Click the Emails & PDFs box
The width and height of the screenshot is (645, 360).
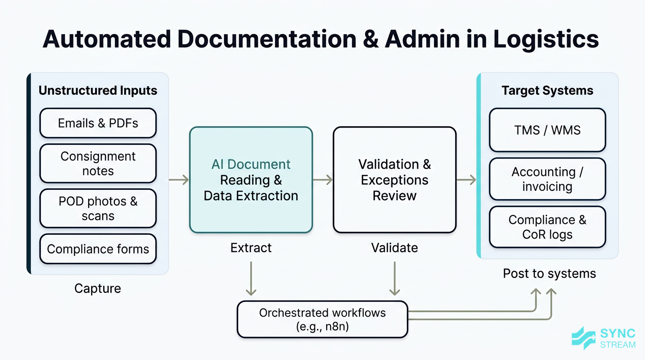(98, 123)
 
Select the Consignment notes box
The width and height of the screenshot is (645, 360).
(98, 164)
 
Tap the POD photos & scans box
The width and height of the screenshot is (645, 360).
(98, 209)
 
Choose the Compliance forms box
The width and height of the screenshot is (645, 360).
(98, 249)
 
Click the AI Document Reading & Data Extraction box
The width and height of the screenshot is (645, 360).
(251, 180)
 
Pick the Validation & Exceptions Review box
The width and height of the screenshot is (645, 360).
(394, 180)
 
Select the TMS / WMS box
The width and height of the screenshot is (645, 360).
(547, 130)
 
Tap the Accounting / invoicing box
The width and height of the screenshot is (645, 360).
(547, 179)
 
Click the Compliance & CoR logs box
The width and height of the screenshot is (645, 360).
(547, 227)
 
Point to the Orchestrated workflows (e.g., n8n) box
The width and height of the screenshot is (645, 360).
(322, 319)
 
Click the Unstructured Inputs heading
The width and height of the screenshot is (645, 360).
(98, 90)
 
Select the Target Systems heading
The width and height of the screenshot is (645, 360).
(547, 90)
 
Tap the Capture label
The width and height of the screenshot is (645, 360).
(97, 288)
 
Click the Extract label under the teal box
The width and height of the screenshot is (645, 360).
(251, 247)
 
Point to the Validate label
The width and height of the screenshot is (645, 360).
(394, 247)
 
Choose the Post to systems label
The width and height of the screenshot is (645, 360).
(549, 273)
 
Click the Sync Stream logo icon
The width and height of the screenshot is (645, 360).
(584, 338)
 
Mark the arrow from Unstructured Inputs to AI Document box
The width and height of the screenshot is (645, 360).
(179, 180)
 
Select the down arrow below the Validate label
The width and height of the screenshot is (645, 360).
(395, 278)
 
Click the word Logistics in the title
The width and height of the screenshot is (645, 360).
(546, 39)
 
